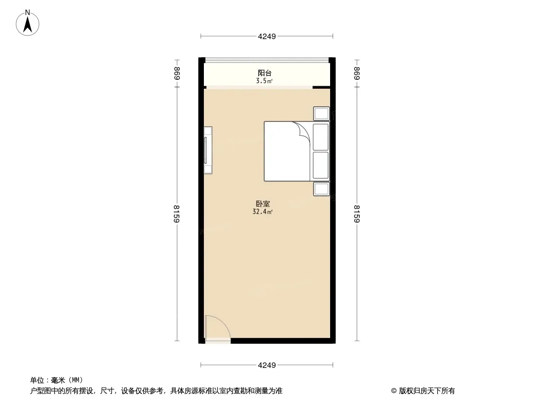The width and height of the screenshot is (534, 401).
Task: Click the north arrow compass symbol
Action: click(28, 23)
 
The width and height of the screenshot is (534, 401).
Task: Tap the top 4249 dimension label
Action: click(266, 37)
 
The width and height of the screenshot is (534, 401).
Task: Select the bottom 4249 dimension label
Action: click(266, 365)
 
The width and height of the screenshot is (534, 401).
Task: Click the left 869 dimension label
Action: click(177, 73)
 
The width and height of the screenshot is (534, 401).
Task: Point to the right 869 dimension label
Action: click(357, 73)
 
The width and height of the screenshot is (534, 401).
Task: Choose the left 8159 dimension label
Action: click(177, 214)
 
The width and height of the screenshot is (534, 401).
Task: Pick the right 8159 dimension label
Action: click(357, 214)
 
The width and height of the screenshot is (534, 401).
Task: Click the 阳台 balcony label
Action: click(264, 73)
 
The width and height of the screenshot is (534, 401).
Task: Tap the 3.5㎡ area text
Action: click(264, 81)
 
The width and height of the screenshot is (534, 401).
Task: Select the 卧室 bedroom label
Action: click(263, 204)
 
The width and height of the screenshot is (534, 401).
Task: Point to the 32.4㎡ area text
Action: click(262, 212)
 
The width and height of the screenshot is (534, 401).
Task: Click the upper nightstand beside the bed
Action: click(321, 113)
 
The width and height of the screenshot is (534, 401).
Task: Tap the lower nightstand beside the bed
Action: click(321, 189)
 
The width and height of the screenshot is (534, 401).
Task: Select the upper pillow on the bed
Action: click(321, 137)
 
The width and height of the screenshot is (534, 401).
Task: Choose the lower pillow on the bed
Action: click(321, 165)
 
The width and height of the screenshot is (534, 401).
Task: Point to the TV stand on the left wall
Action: click(208, 150)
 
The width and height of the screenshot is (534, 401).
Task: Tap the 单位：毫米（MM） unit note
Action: click(57, 380)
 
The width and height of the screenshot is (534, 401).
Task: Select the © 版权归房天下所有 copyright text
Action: click(423, 391)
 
